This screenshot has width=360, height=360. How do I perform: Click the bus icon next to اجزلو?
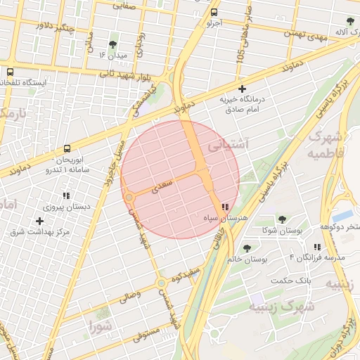(214, 12)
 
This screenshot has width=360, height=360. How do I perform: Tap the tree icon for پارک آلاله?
(350, 21)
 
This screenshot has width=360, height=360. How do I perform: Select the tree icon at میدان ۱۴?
(114, 44)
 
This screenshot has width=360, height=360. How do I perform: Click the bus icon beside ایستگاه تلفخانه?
(10, 72)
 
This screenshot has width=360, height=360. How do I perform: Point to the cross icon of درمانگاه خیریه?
(243, 89)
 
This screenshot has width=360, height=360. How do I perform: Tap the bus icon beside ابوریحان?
(67, 149)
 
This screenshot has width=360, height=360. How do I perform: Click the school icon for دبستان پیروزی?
(66, 196)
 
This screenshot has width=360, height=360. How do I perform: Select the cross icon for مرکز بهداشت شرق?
(40, 221)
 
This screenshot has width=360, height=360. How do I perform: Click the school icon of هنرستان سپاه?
(224, 207)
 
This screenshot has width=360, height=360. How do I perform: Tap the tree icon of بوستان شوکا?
(282, 220)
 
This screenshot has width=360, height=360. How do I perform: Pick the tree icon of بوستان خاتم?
(247, 248)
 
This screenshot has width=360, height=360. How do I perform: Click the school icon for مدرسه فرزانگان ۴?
(317, 247)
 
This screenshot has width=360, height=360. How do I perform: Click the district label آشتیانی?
(229, 146)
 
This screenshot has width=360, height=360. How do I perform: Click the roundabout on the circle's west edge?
(129, 198)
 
